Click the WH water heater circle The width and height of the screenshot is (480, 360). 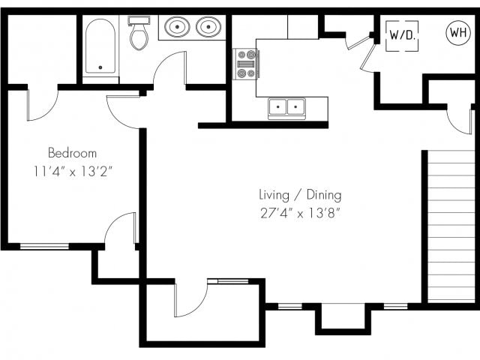[x=458, y=32]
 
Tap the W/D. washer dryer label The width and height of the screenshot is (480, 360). [x=402, y=35]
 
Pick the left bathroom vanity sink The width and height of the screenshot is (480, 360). [x=177, y=27]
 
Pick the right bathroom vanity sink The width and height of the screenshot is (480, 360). [x=208, y=27]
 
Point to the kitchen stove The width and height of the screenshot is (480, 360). [x=245, y=64]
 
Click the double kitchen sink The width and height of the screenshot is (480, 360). [x=286, y=107]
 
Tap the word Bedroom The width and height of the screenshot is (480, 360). [x=72, y=153]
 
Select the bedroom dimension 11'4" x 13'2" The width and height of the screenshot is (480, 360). [x=73, y=172]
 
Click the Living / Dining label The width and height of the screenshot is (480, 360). [x=300, y=195]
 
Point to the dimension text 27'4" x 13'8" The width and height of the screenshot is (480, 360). [x=300, y=213]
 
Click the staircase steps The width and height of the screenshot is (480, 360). [x=451, y=226]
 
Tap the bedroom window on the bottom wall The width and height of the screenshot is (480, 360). [x=45, y=246]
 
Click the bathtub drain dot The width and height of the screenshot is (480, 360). [x=100, y=67]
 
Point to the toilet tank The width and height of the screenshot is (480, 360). [x=139, y=20]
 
